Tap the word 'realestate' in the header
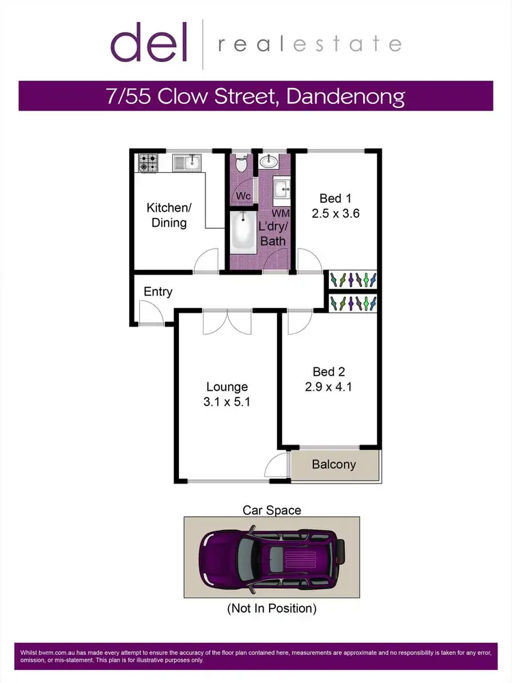pyautogui.click(x=309, y=45)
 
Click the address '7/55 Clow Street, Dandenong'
pyautogui.click(x=255, y=96)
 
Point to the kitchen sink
pyautogui.click(x=187, y=162)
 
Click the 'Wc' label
pyautogui.click(x=243, y=196)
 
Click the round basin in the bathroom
pyautogui.click(x=270, y=162)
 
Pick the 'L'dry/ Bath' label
pyautogui.click(x=272, y=233)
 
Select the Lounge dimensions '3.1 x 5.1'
pyautogui.click(x=228, y=402)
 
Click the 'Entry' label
pyautogui.click(x=158, y=292)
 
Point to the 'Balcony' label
pyautogui.click(x=334, y=464)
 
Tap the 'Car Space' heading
pyautogui.click(x=272, y=510)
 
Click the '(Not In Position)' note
pyautogui.click(x=272, y=608)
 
